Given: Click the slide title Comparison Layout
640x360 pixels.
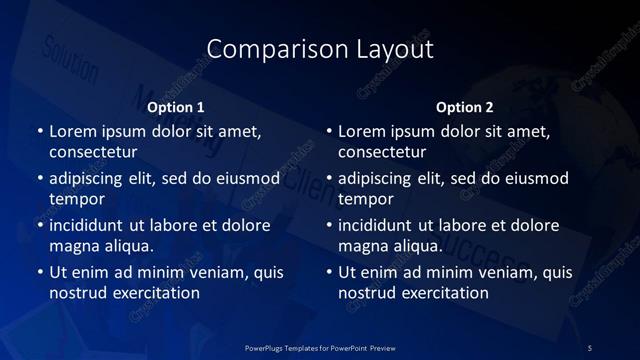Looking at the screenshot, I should pos(320,49).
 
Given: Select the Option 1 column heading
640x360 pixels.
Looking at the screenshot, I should pos(176,107).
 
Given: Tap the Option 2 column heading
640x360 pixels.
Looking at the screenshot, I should pos(465,107).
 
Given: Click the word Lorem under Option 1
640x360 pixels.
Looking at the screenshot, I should pos(72,131).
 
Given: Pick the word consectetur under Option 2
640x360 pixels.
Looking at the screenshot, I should pos(382,152).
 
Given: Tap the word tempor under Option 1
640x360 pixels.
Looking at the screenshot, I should pos(77,199).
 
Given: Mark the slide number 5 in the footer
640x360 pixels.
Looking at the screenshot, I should pos(590,346).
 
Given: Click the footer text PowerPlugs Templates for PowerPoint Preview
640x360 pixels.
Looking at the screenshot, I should pos(320,346).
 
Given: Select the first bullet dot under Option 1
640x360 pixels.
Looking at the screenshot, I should pos(40,131).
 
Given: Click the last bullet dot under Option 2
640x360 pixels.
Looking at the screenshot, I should pos(329,272).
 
